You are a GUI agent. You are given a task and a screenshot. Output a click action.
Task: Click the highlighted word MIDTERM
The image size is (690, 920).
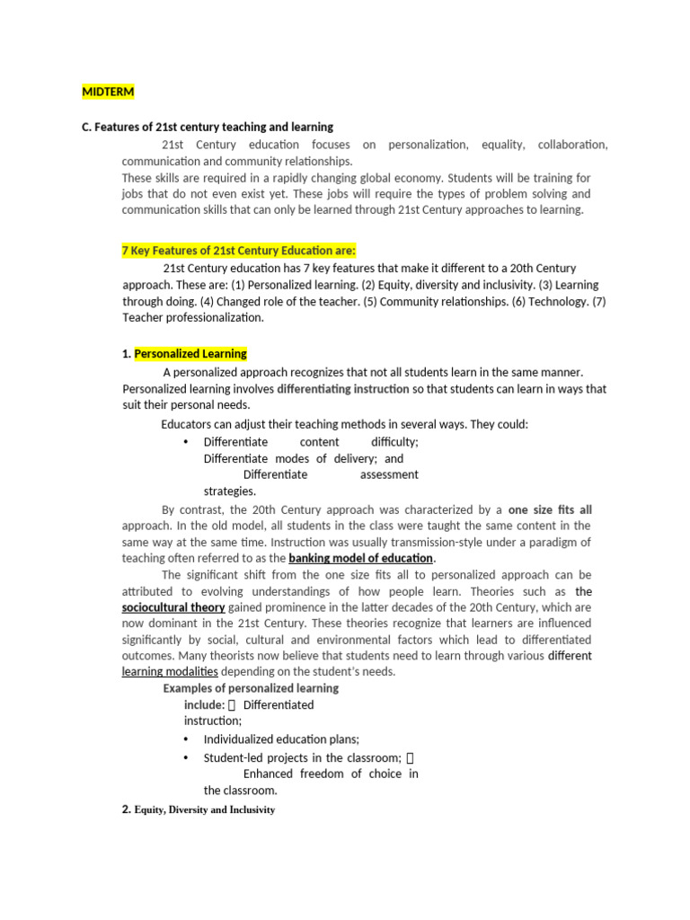pos(108,91)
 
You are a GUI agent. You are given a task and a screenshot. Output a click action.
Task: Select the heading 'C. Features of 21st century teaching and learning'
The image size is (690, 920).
pos(208,127)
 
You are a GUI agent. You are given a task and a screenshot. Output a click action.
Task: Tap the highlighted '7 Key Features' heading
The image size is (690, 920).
pos(239,251)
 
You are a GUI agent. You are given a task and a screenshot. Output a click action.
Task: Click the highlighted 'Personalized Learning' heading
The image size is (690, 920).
pos(190,353)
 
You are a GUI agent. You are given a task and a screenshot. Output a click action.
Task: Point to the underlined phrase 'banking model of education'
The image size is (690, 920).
pos(360,558)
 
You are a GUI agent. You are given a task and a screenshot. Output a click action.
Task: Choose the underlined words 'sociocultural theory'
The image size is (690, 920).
pos(173,607)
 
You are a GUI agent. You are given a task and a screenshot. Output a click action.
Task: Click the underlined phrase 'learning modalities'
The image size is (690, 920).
pos(170,671)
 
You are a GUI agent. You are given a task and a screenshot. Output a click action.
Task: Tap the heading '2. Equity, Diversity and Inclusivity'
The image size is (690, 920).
pos(198,809)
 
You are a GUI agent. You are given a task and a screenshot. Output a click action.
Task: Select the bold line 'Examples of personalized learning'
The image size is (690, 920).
pos(251,688)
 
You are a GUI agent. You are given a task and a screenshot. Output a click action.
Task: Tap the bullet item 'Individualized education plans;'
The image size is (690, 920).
pos(281,739)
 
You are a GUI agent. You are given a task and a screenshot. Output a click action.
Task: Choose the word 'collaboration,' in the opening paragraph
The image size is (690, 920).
pos(573,145)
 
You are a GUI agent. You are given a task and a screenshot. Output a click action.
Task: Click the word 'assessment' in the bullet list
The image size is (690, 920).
pos(389,474)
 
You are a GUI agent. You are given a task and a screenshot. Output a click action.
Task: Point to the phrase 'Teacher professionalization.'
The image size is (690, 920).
pos(193,317)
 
